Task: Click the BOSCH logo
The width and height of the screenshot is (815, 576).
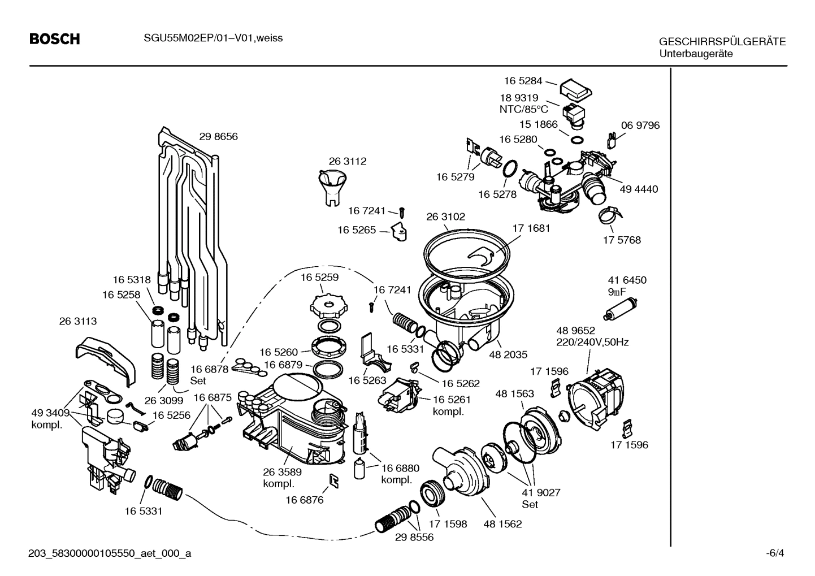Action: [54, 39]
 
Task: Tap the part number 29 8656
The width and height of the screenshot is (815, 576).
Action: [218, 136]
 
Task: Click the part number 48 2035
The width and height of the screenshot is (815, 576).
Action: [508, 354]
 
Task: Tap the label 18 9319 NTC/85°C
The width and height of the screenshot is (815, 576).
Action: [523, 103]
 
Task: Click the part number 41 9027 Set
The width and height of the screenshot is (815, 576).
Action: [541, 498]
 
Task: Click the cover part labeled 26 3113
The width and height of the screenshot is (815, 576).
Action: [106, 357]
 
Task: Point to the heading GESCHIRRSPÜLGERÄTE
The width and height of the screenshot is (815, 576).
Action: [722, 42]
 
